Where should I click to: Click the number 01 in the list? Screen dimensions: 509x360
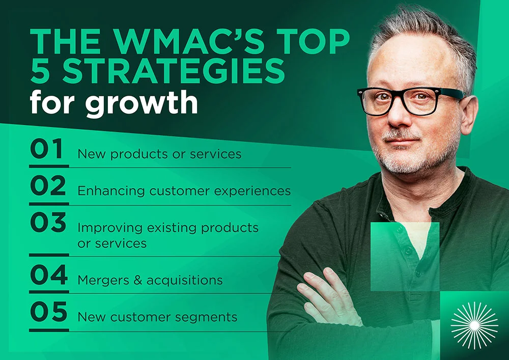[x=46, y=149]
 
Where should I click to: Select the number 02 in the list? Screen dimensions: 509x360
[x=48, y=185]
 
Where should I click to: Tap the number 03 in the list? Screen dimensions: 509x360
[x=48, y=222]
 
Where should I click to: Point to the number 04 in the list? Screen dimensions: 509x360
[x=49, y=274]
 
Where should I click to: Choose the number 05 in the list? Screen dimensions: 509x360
[x=49, y=311]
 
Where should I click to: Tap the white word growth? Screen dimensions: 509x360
[x=142, y=102]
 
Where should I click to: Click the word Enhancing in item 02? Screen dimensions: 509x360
[x=111, y=191]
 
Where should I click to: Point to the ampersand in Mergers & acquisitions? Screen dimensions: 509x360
[x=138, y=280]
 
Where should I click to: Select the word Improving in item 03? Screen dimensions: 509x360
[x=110, y=228]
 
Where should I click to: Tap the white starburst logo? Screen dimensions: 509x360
[x=474, y=325]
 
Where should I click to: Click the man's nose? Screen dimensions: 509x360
[x=399, y=115]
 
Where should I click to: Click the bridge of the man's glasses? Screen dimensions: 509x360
[x=402, y=95]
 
